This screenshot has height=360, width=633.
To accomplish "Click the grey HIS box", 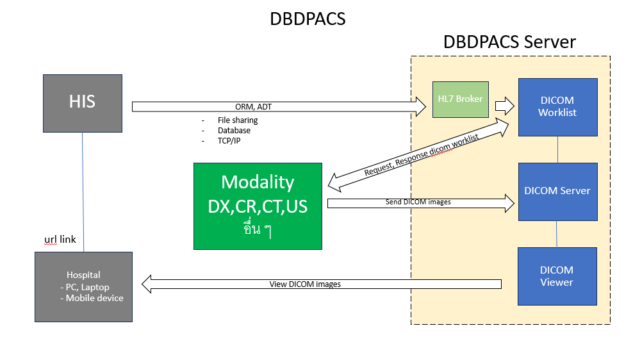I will [x=82, y=103].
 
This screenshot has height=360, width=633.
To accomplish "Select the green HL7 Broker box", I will [x=460, y=99].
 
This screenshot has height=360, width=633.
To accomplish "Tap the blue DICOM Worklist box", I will [x=557, y=107].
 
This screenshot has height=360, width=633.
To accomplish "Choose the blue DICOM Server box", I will [x=557, y=191].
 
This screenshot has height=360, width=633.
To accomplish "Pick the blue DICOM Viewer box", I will [x=557, y=276].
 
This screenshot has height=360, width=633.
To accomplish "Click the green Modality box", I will [x=258, y=206].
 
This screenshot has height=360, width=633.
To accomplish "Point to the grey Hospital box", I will [x=83, y=286].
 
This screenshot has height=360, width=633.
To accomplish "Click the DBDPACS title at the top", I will [x=308, y=19].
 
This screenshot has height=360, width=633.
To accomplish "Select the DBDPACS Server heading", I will [x=509, y=42].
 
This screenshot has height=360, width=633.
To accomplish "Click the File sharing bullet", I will [x=238, y=120].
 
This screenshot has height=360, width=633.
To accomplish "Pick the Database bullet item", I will [x=234, y=130].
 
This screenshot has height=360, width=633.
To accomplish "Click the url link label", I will [x=60, y=240].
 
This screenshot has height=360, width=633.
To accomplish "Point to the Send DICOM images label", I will [x=418, y=202].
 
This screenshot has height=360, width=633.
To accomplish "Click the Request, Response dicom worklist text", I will [x=421, y=156].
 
